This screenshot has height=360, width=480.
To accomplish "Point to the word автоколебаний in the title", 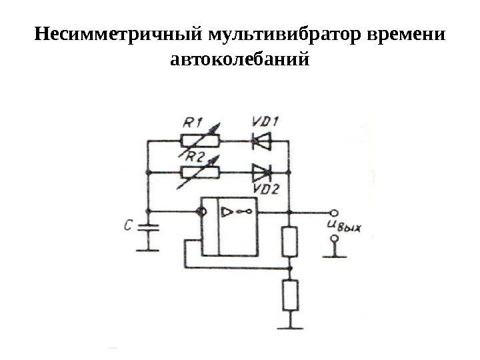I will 240,61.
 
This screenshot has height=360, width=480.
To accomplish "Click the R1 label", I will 194,123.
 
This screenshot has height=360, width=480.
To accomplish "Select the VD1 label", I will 265,122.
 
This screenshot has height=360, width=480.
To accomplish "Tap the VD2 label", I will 265,189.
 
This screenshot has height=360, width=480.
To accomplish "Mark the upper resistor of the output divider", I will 290,242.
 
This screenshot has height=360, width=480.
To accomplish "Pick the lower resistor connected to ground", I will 290,295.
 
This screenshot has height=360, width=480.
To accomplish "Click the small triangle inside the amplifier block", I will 226,213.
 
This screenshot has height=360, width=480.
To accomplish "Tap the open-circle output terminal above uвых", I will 334,213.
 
